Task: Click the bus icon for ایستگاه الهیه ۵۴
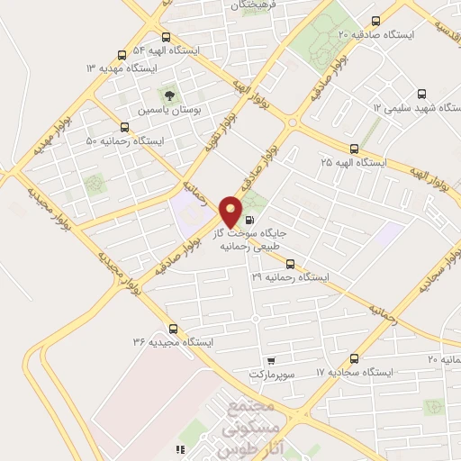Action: (165, 38)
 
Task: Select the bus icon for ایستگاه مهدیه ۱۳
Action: (122, 55)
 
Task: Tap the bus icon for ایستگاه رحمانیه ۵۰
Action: (124, 128)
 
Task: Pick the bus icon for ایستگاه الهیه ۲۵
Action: (353, 149)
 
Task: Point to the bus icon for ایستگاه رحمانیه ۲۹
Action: (290, 264)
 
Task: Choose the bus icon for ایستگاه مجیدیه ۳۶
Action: (173, 329)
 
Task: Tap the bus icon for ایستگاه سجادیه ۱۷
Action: (354, 358)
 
